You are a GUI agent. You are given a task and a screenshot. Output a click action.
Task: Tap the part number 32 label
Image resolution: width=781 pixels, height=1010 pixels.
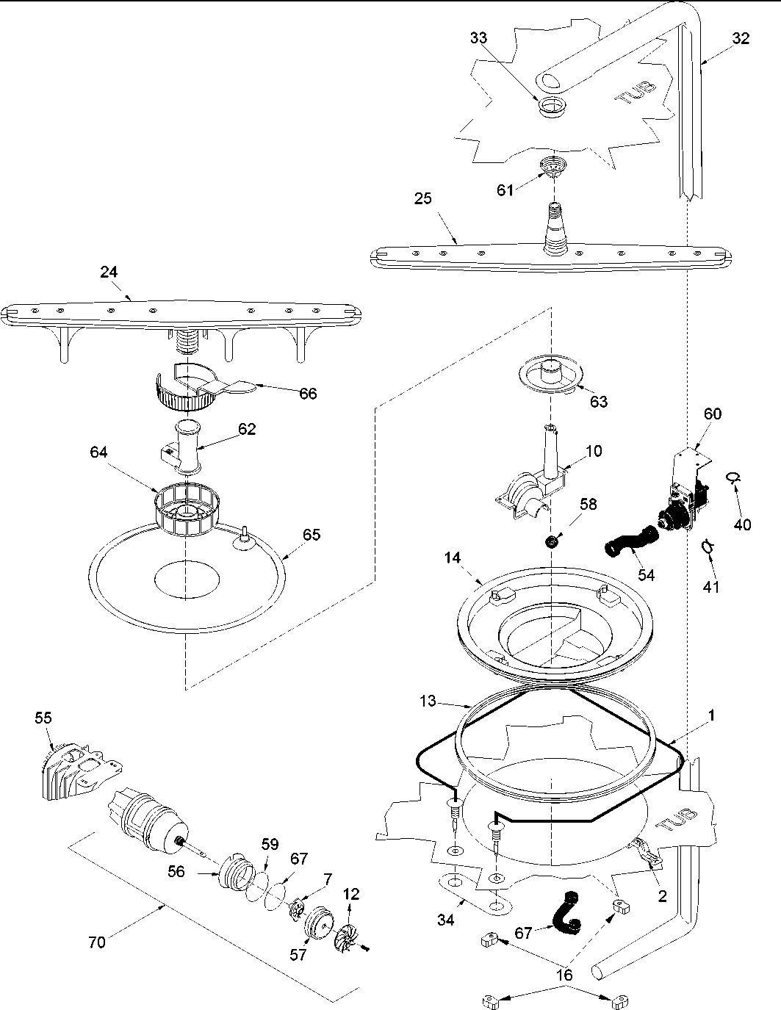pyautogui.click(x=741, y=39)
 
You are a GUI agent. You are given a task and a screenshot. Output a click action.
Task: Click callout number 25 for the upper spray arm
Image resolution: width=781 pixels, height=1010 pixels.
pyautogui.click(x=422, y=198)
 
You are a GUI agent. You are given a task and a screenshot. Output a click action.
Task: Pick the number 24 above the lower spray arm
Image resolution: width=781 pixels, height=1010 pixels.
pyautogui.click(x=109, y=272)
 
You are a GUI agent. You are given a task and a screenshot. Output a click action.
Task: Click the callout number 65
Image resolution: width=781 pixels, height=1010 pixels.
pyautogui.click(x=312, y=535)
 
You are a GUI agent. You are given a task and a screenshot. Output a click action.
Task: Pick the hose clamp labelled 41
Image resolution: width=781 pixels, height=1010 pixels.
pyautogui.click(x=707, y=546)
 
